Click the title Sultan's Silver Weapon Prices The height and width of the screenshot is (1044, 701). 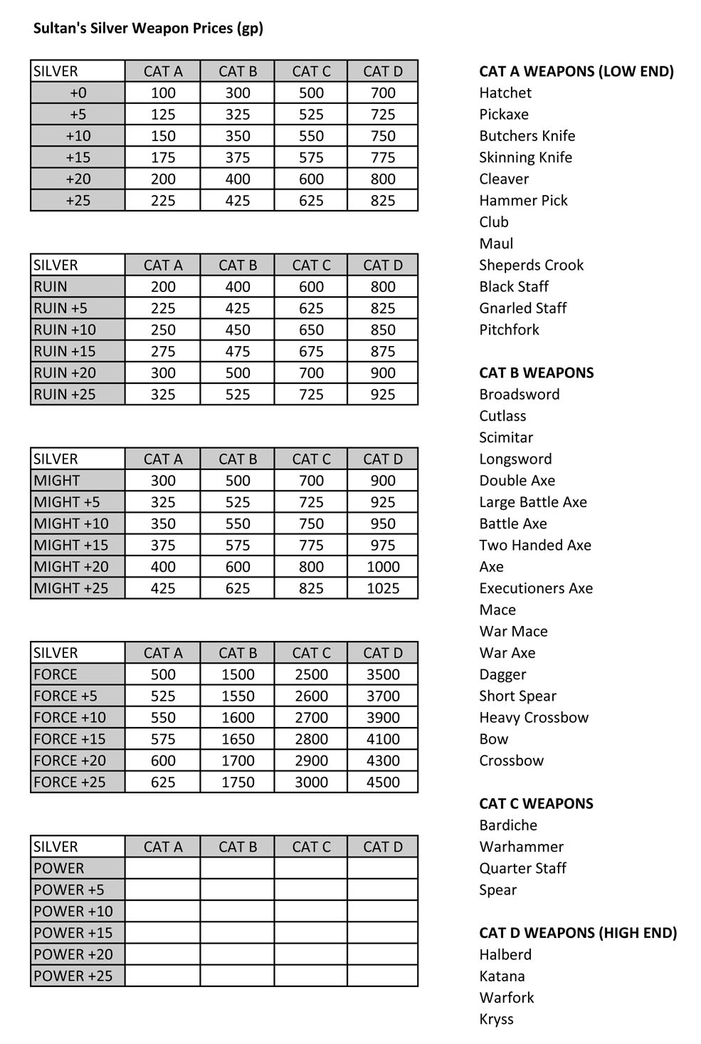(148, 28)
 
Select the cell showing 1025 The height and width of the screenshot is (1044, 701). (382, 588)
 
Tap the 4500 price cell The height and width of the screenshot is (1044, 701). (382, 782)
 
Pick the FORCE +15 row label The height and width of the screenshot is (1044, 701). (70, 739)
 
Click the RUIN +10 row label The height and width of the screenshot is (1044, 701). (65, 330)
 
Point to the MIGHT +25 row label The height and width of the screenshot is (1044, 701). (71, 588)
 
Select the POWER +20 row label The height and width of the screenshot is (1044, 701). (73, 954)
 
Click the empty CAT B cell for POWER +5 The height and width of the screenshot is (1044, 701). (237, 889)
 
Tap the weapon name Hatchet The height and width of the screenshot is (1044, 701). (505, 93)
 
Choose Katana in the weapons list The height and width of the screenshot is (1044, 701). (502, 976)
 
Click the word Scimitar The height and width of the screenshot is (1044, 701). (506, 437)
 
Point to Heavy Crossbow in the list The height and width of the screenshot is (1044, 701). (534, 717)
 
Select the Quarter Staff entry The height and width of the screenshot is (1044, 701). (522, 868)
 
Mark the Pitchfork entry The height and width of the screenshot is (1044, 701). (509, 330)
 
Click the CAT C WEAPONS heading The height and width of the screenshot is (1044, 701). (536, 804)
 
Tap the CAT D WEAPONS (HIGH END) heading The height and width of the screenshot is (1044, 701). (578, 933)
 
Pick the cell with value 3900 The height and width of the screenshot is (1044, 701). (382, 717)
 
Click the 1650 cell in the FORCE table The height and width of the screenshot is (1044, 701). (237, 739)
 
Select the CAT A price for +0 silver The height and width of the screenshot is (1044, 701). (163, 93)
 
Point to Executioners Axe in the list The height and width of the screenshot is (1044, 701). (536, 588)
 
